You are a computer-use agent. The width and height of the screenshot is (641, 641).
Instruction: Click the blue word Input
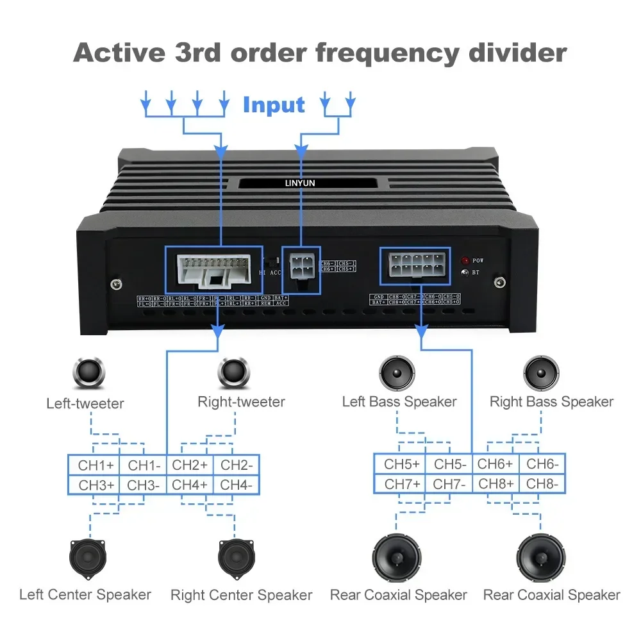click(x=274, y=104)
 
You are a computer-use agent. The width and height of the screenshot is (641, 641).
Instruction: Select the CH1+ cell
click(x=94, y=465)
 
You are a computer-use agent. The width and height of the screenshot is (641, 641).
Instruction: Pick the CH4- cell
click(x=237, y=485)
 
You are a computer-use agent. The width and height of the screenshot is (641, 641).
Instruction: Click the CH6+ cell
click(x=496, y=464)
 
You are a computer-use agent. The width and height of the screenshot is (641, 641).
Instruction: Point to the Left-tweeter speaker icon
click(x=85, y=371)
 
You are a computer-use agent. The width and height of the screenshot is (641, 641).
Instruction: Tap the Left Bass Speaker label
click(x=399, y=402)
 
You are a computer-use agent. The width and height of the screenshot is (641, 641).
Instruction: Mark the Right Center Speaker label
click(x=241, y=595)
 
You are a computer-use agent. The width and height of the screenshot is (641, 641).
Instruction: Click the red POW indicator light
click(x=465, y=261)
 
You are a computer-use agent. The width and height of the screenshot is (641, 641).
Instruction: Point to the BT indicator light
click(x=465, y=272)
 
